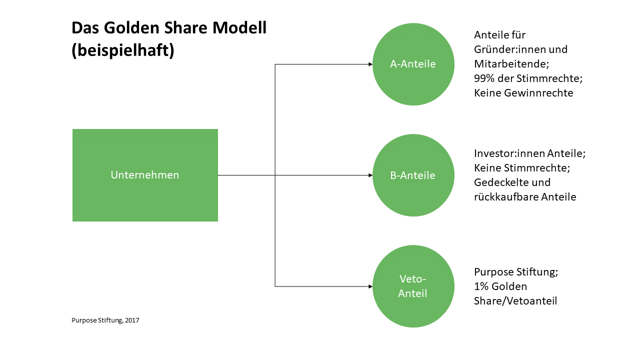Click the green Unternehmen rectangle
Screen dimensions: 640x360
145,175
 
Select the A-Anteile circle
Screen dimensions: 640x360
413,64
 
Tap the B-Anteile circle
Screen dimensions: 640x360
413,175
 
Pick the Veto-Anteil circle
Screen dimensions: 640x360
413,286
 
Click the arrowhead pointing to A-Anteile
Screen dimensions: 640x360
370,64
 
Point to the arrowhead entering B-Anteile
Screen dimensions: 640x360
370,175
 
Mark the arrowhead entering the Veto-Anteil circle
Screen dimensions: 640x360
370,286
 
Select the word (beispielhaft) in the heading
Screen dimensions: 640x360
123,50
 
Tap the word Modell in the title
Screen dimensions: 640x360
239,28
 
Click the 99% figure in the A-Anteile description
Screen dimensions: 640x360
484,78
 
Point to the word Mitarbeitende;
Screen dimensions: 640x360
511,63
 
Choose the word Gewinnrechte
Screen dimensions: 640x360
538,93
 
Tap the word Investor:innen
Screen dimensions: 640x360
509,153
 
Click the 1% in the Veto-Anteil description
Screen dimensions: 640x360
481,286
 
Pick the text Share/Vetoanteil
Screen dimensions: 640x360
515,301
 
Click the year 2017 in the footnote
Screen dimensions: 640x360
132,320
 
